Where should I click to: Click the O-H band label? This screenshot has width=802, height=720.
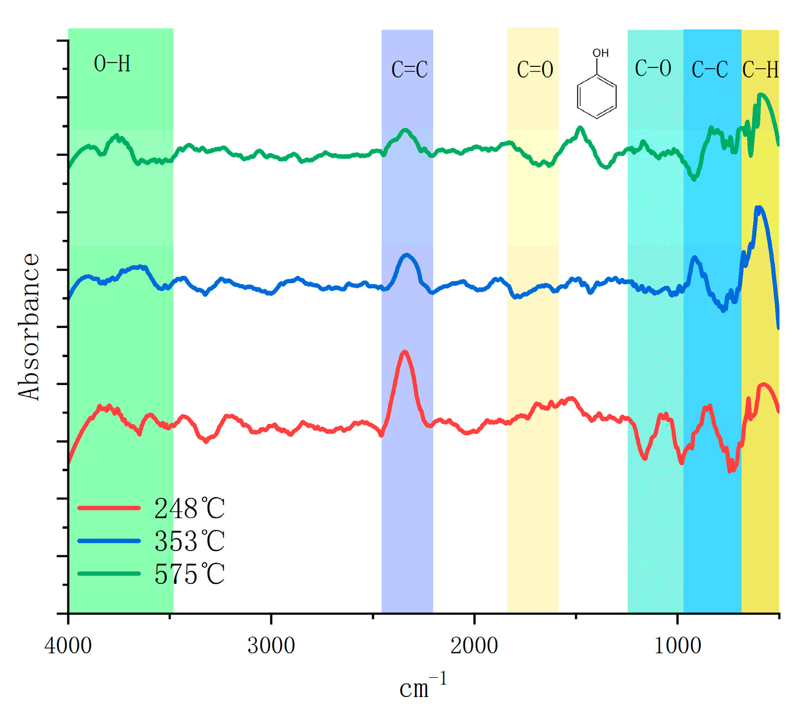112,64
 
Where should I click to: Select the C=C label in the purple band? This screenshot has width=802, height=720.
409,70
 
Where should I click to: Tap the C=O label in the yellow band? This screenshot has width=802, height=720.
534,70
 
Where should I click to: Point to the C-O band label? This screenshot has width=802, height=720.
652,68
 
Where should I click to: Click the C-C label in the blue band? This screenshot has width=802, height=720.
710,70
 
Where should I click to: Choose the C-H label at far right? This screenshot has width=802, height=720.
760,70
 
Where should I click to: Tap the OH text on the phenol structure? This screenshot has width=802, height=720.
600,53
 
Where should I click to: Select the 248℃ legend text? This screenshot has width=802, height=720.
190,509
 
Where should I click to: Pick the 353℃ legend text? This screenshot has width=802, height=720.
190,541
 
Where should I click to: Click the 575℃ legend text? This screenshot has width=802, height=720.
190,574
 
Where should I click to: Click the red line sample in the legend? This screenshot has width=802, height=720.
109,508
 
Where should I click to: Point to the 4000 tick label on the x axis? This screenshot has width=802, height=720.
68,646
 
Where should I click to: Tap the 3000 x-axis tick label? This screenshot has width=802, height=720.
271,646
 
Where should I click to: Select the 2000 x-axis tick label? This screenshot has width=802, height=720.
474,646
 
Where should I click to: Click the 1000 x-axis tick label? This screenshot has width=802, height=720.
677,646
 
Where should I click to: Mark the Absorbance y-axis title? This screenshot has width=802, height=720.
29,326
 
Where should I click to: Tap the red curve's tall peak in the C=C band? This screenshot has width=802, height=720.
405,352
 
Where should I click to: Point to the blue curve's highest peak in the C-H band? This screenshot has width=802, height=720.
759,207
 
